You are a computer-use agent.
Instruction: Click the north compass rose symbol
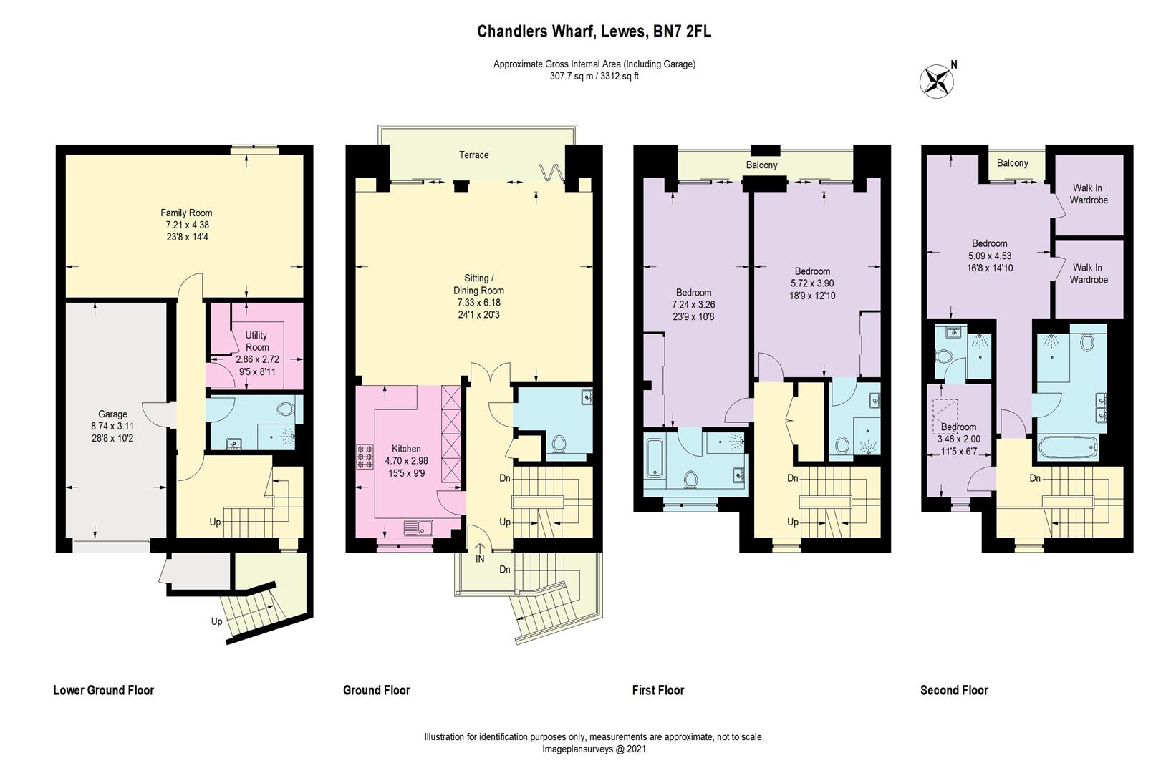pyautogui.click(x=935, y=80)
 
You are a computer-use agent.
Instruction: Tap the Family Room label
pyautogui.click(x=186, y=213)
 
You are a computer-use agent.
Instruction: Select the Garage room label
pyautogui.click(x=112, y=414)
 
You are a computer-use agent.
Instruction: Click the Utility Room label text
pyautogui.click(x=256, y=341)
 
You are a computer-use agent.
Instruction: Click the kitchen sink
pyautogui.click(x=418, y=528)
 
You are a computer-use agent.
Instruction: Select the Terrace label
pyautogui.click(x=474, y=155)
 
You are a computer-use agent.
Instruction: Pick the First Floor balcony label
pyautogui.click(x=761, y=165)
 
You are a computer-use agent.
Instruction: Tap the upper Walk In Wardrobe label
pyautogui.click(x=1089, y=194)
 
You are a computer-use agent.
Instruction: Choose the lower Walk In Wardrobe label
pyautogui.click(x=1089, y=273)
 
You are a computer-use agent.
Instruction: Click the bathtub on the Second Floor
pyautogui.click(x=1067, y=448)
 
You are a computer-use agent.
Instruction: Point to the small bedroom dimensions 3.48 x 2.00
pyautogui.click(x=958, y=439)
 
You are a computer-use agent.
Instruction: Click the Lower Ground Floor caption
pyautogui.click(x=104, y=690)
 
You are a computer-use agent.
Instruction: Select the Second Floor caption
pyautogui.click(x=954, y=690)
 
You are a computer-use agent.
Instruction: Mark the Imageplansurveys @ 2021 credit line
pyautogui.click(x=594, y=749)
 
